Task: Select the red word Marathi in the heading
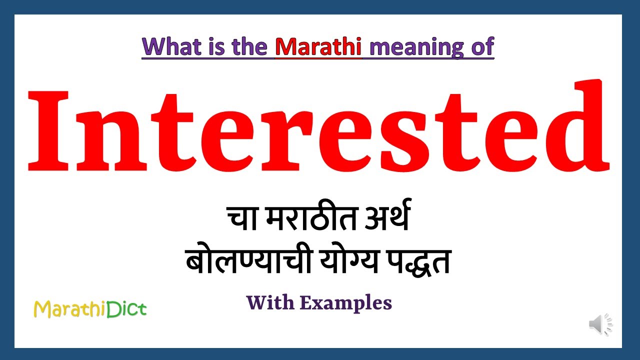coord(318,46)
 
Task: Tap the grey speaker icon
coord(600,325)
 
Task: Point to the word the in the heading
coord(251,46)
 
